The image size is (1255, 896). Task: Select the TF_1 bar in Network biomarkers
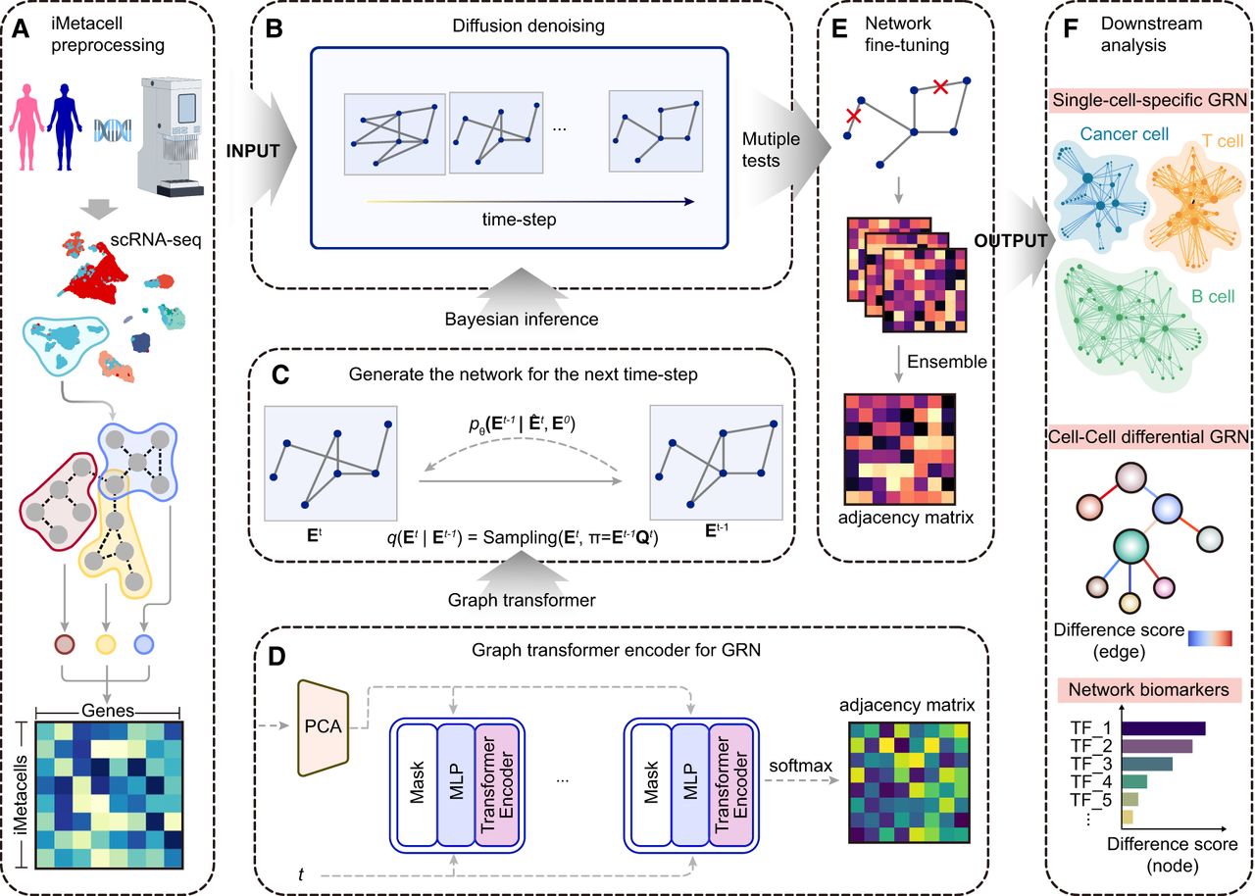pyautogui.click(x=1163, y=729)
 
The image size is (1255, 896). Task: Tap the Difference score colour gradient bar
pyautogui.click(x=1209, y=639)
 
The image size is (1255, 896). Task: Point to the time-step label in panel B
pyautogui.click(x=519, y=219)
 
